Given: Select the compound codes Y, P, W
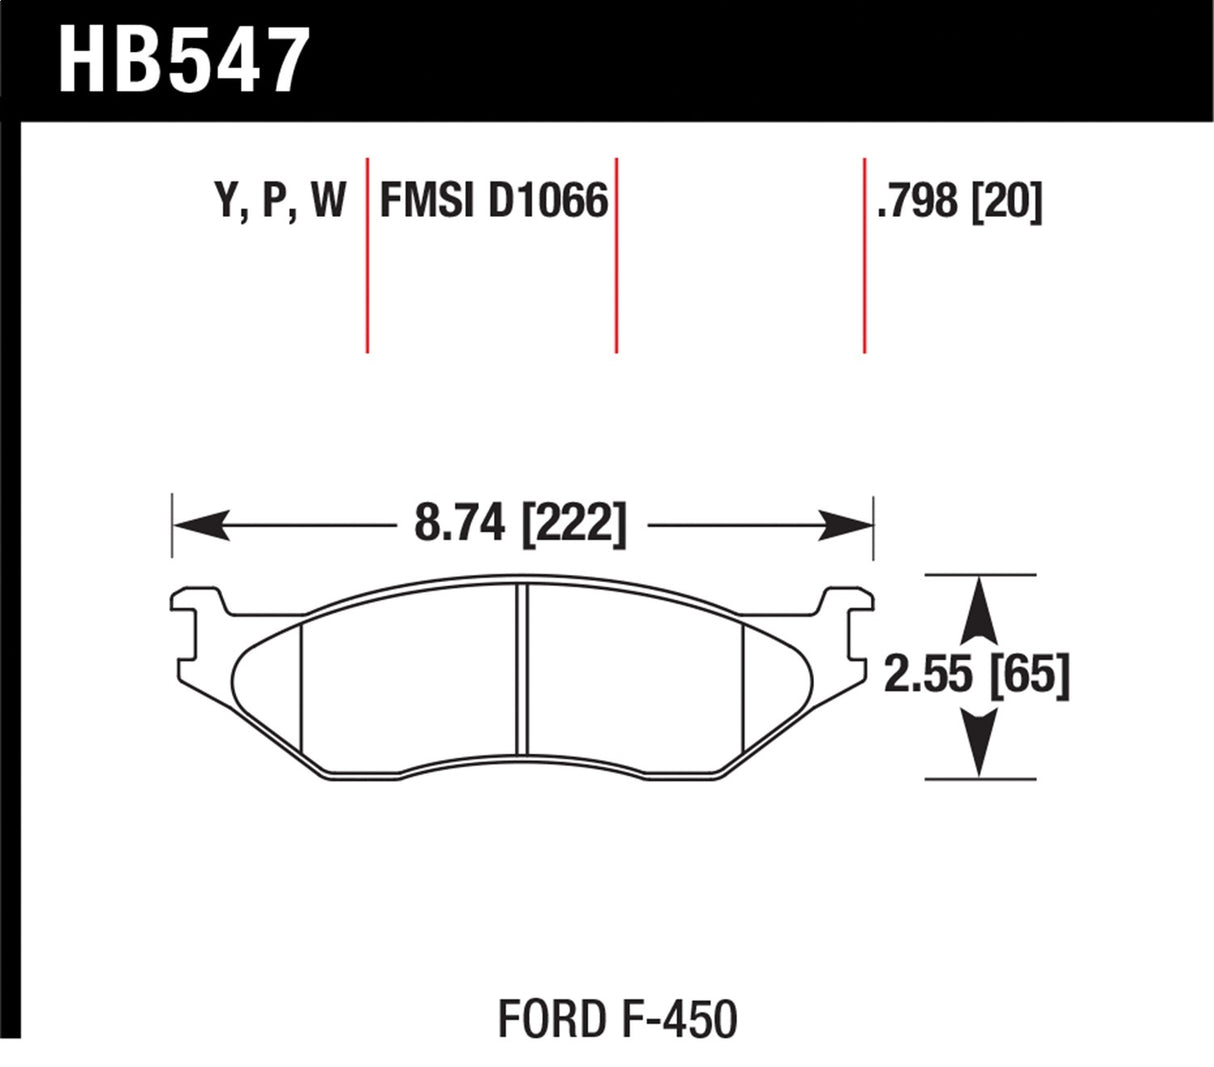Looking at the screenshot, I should pos(280,202).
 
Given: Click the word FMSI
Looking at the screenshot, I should pos(428,202).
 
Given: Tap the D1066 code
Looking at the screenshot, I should pos(548,202).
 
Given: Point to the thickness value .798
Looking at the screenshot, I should pos(917,202).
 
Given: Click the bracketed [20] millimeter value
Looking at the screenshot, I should pos(1006,202).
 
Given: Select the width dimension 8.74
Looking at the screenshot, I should pos(460,524).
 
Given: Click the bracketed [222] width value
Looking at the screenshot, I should pos(574,524).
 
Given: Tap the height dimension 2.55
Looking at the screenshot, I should pos(928,676).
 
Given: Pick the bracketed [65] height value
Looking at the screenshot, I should pos(1029,676).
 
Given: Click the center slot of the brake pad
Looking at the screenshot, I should pos(521,668).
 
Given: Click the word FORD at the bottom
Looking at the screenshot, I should pos(547,1020).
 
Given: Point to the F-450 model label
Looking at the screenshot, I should pos(672,1020).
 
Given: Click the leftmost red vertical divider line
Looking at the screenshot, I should pos(368,255).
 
